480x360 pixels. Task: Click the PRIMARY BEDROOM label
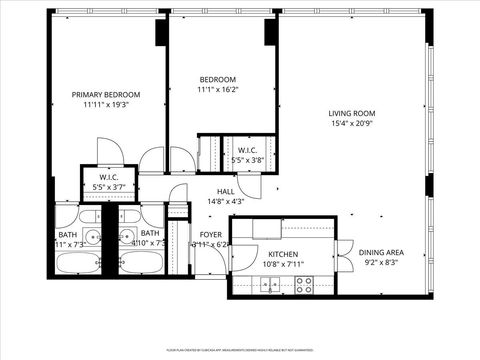click(105, 94)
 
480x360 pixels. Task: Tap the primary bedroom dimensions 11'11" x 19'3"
click(105, 104)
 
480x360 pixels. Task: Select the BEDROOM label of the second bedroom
click(217, 80)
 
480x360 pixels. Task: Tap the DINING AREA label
click(381, 252)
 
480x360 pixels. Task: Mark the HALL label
click(226, 191)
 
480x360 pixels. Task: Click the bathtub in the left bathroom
click(84, 264)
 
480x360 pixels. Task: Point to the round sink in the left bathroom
click(92, 237)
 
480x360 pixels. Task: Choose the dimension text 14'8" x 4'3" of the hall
click(226, 201)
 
